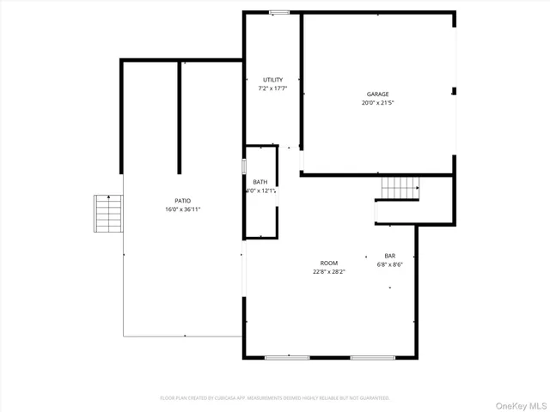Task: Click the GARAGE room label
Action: point(378,94)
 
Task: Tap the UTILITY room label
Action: point(272,80)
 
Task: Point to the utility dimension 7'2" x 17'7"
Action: point(272,88)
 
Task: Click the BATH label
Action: point(260,182)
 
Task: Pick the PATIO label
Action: point(182,201)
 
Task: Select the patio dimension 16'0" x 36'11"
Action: point(182,209)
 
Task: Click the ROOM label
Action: point(328,263)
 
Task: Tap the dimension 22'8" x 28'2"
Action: point(328,271)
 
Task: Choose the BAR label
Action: point(389,256)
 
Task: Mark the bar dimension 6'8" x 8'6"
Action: point(389,264)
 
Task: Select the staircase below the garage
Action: point(400,186)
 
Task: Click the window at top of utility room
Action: point(278,12)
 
